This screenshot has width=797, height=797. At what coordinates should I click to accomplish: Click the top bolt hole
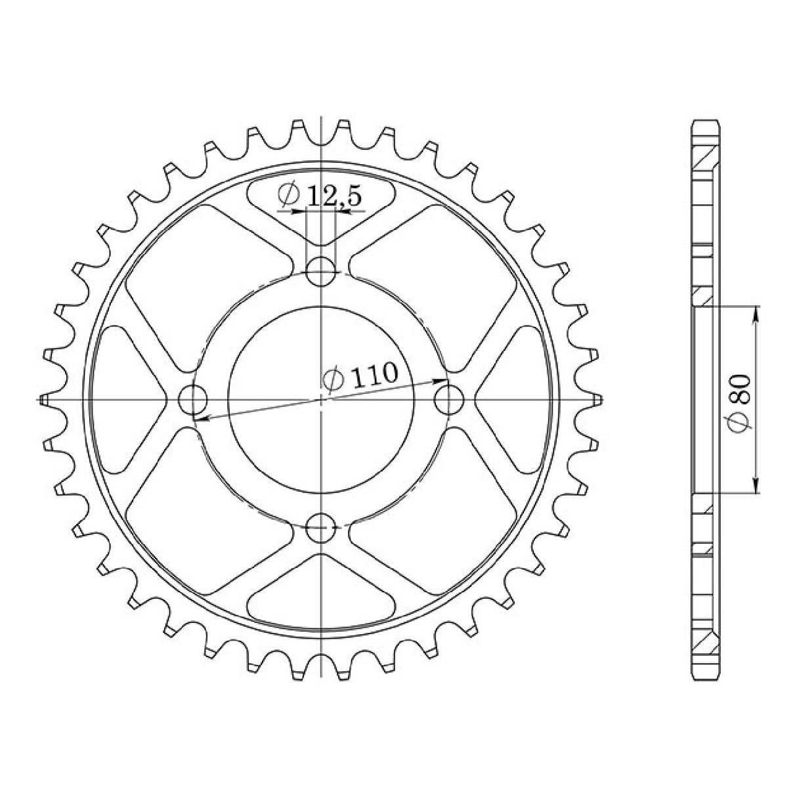pyautogui.click(x=322, y=272)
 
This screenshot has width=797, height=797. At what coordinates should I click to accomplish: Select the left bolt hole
pyautogui.click(x=193, y=399)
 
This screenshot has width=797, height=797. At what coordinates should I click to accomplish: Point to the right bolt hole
pyautogui.click(x=450, y=399)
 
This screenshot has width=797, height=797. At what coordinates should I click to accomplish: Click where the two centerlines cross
pyautogui.click(x=322, y=399)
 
